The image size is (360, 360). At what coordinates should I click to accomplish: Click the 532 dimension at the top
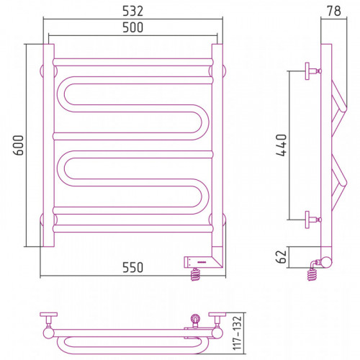point(132,11)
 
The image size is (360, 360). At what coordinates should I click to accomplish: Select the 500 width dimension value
point(132,27)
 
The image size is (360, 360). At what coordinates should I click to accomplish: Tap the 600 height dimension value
point(19,145)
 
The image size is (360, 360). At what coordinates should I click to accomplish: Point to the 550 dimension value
point(132,267)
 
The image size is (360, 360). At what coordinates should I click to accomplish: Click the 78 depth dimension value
point(333,11)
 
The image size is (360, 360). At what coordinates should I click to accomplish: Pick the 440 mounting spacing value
point(282,145)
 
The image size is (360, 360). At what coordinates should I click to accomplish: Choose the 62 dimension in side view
point(282,257)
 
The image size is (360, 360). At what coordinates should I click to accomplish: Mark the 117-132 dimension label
point(237,333)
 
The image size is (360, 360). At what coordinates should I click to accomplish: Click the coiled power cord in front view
point(195,274)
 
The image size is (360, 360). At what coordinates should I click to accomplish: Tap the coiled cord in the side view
point(312,274)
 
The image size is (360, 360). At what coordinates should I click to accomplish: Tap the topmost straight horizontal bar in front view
point(133,62)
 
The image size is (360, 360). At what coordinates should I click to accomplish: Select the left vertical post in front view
point(49,145)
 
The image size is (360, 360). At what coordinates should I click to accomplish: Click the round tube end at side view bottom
point(327,262)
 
